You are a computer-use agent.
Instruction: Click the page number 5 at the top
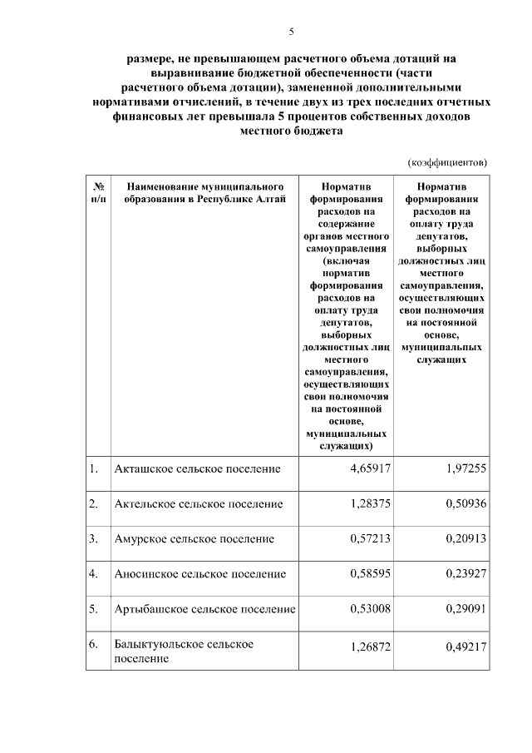[x=291, y=32]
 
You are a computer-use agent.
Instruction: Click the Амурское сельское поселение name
[x=194, y=539]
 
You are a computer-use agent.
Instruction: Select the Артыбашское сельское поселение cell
[x=204, y=610]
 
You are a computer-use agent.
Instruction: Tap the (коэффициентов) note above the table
[x=447, y=162]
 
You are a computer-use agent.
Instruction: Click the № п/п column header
[x=97, y=193]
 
